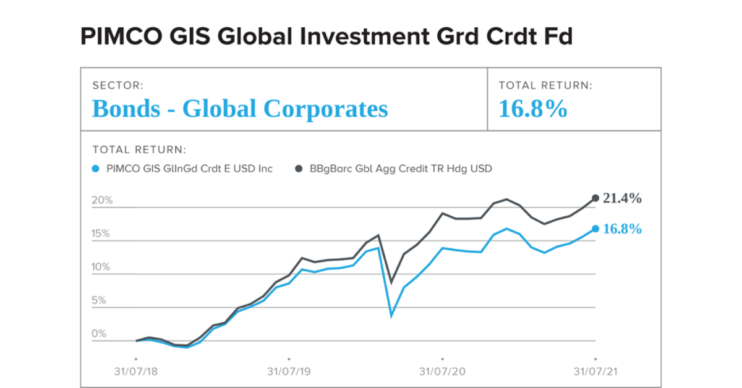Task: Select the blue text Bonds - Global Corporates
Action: point(240,109)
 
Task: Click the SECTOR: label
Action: point(117,86)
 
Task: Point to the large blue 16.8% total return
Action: point(533,109)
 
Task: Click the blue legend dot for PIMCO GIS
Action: point(95,168)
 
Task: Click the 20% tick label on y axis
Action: point(102,201)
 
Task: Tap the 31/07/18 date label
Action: point(135,372)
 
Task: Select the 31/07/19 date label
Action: point(289,372)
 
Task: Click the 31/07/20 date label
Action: point(442,372)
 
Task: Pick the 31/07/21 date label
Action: point(595,372)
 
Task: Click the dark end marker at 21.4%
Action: point(595,198)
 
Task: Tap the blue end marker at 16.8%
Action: point(595,229)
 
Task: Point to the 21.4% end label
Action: point(622,198)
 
